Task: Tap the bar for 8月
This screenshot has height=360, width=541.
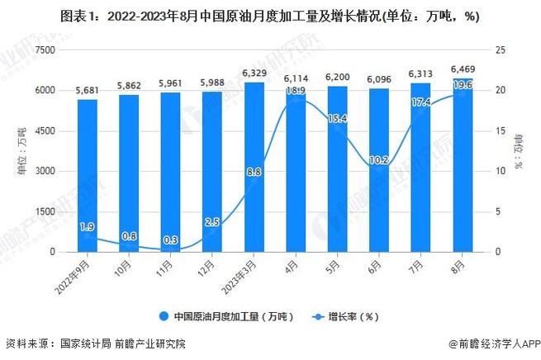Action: click(x=461, y=165)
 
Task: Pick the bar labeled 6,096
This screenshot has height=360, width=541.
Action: click(x=377, y=170)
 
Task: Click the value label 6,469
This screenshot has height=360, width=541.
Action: click(x=461, y=70)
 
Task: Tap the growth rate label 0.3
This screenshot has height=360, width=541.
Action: click(x=169, y=239)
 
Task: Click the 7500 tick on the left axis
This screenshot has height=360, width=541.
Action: click(x=44, y=50)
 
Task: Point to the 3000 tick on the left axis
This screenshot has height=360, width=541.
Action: click(x=44, y=172)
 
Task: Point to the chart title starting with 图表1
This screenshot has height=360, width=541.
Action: click(x=270, y=16)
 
